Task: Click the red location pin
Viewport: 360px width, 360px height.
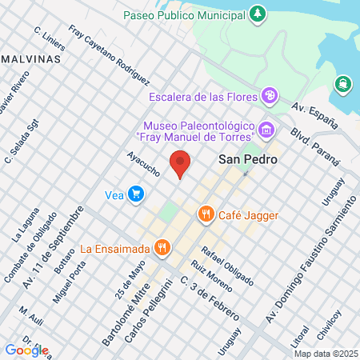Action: [x=181, y=164]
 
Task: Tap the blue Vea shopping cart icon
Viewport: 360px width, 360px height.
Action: [x=137, y=193]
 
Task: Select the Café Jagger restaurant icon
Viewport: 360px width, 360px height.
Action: [x=206, y=214]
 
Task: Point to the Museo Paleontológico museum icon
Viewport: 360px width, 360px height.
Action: [x=266, y=128]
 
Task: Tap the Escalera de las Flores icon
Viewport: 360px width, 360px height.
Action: [x=270, y=97]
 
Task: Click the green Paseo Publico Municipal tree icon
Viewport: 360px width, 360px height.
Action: [x=257, y=14]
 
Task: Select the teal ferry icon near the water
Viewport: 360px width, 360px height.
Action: [x=343, y=83]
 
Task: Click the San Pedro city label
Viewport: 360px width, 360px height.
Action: [x=248, y=160]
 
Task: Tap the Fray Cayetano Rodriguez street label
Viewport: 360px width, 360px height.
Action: [x=110, y=56]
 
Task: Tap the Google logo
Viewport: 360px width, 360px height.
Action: [x=26, y=350]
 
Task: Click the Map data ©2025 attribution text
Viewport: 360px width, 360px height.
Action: [x=324, y=353]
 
